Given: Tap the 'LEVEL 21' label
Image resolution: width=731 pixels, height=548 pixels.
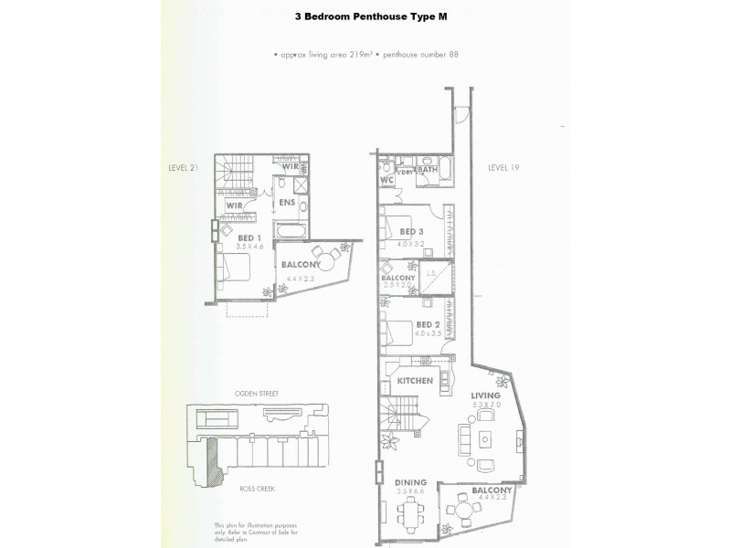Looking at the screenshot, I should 184,168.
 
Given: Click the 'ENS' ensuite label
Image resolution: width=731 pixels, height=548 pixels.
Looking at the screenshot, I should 286,203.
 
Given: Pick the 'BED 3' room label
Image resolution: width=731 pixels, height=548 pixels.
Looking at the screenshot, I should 412,232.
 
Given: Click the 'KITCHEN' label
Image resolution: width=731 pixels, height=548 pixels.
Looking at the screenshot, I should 415,380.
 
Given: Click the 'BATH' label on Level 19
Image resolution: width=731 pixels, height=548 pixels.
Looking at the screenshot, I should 429,170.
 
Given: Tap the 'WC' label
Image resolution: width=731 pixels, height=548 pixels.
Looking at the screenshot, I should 387,180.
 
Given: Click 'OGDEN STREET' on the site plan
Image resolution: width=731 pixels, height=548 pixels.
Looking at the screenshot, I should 255,394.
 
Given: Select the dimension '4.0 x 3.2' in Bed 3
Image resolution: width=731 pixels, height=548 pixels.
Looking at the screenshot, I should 412,244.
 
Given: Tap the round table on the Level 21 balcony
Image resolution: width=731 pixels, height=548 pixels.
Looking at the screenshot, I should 320,255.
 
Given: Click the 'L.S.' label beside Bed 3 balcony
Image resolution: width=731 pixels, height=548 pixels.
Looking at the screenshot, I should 430,272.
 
